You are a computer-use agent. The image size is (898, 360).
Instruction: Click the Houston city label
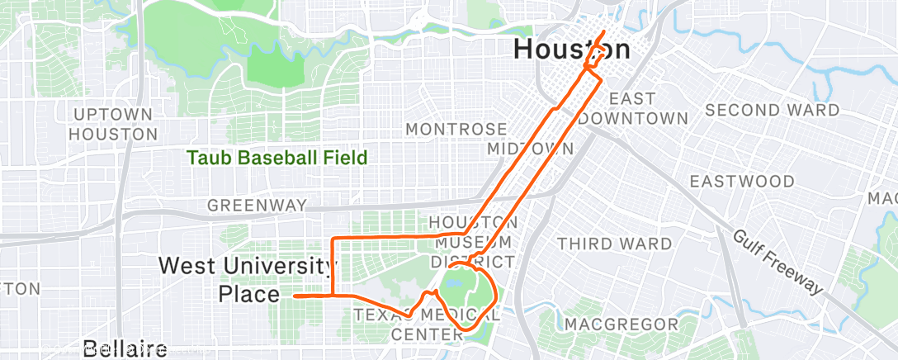571,50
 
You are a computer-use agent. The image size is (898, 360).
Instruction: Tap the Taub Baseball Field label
276,157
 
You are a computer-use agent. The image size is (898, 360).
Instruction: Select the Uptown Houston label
113,123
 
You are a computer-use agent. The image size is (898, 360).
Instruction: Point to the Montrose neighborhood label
456,130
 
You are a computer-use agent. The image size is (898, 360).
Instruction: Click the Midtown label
530,149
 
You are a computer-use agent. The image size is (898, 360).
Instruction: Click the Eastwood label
742,181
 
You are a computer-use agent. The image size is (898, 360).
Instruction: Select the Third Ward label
614,244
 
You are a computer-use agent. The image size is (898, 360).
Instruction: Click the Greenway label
257,205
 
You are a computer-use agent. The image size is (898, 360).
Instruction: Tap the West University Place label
248,279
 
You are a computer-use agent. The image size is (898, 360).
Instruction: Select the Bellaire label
125,348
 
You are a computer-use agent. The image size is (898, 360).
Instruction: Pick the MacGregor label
621,324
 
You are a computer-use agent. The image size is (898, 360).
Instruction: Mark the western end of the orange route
295,295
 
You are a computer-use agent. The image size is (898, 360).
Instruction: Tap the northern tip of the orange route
605,32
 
